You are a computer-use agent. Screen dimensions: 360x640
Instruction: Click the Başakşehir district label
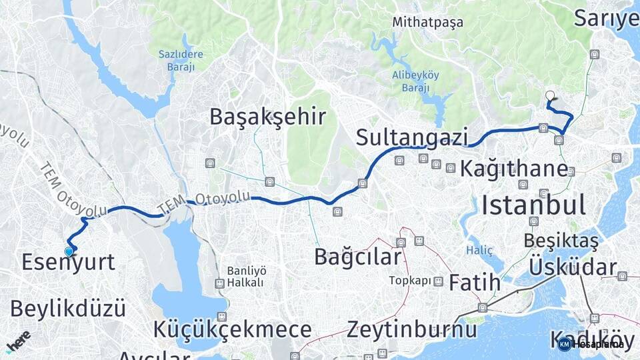[x=267, y=117]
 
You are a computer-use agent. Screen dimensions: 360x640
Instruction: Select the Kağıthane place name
[x=513, y=169]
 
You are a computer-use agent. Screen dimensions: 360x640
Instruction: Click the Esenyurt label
[x=68, y=262]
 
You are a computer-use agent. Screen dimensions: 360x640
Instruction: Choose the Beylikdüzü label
[x=68, y=309]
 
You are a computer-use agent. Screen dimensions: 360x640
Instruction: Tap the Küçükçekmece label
[x=232, y=329]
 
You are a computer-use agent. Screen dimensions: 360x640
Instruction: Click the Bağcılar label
[x=358, y=256]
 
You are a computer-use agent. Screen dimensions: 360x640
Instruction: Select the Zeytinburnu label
[x=411, y=329]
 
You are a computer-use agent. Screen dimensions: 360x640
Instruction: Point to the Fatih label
[x=474, y=283]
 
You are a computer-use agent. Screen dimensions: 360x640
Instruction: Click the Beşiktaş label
[x=561, y=239]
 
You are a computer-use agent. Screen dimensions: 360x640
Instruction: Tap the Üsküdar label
[x=573, y=267]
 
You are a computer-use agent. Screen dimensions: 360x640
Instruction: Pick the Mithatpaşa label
[x=427, y=22]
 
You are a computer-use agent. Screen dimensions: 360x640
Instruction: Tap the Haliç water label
[x=479, y=250]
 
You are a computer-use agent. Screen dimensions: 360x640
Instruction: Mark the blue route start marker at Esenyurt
[x=69, y=251]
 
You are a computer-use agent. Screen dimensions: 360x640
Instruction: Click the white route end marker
[x=550, y=95]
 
